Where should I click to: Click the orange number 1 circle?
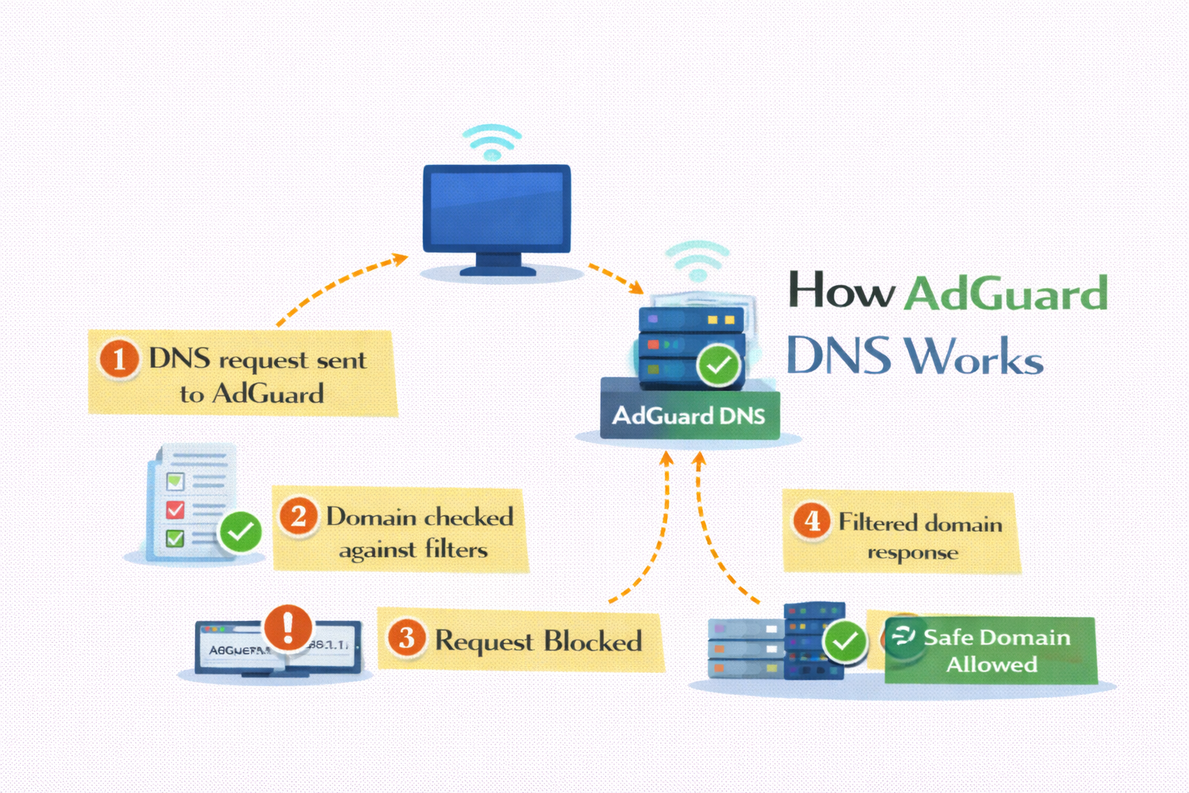click(119, 359)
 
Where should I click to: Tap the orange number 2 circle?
click(298, 516)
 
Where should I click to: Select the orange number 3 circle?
click(406, 638)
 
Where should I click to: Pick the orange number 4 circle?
click(811, 520)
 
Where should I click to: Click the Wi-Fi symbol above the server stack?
click(697, 261)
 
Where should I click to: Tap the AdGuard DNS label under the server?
click(689, 417)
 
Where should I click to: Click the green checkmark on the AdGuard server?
click(719, 365)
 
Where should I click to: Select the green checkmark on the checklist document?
click(241, 531)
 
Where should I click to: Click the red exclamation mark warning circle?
click(288, 627)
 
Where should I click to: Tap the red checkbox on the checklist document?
click(176, 510)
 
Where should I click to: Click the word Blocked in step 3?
click(592, 641)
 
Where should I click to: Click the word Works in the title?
click(974, 357)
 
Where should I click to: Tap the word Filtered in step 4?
click(878, 523)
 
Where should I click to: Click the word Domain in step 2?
click(371, 517)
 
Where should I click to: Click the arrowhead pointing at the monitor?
click(400, 258)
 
